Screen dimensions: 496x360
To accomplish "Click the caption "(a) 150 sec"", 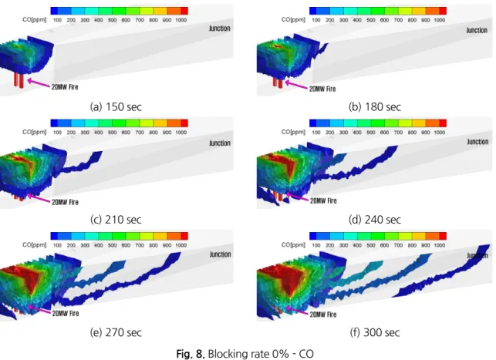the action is tap(116, 107).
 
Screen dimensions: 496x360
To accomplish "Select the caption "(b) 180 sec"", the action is tap(375, 107).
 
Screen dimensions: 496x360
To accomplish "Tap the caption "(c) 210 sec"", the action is tap(116, 220).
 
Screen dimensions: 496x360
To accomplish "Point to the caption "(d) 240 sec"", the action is tap(375, 220).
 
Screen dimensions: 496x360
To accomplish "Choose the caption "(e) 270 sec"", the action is tap(116, 332).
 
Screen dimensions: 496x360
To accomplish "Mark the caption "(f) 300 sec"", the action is tap(375, 332).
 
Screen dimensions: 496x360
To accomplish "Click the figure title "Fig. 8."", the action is tap(191, 353).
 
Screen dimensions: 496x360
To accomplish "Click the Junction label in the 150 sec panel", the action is tap(220, 29).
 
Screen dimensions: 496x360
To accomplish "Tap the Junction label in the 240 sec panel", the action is tap(477, 142).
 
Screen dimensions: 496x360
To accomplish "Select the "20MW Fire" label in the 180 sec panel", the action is tap(322, 89).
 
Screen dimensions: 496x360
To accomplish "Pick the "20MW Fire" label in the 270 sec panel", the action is tap(66, 313).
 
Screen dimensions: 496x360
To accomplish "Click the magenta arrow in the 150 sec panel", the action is tap(39, 83).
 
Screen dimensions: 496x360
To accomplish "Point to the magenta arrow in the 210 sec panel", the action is tap(39, 198).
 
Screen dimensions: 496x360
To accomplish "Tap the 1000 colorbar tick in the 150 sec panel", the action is tap(181, 20).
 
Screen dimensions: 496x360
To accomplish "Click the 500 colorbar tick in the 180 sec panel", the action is tap(371, 20).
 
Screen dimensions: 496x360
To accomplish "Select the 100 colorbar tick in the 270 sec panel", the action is tap(57, 245).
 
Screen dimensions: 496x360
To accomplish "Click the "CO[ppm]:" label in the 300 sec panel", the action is tap(294, 244).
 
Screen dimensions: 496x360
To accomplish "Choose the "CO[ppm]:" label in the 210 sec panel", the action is tap(35, 132).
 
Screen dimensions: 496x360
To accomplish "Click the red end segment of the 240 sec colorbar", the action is tap(443, 123).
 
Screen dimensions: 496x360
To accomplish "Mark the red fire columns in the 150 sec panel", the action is tap(19, 79).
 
